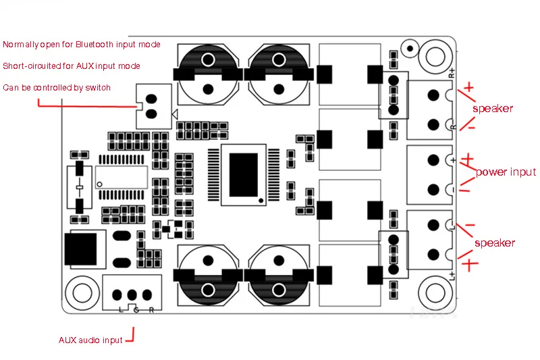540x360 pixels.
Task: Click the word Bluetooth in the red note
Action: [x=94, y=45]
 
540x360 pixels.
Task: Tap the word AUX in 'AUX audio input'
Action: [x=67, y=340]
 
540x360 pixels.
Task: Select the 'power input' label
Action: [x=506, y=172]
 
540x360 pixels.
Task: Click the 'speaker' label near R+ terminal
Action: [x=493, y=109]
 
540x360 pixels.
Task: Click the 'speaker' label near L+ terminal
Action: [x=495, y=243]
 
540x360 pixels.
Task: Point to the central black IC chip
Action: [x=244, y=175]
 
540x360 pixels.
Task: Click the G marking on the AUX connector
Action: [x=136, y=310]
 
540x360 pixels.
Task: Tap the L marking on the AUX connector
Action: [x=121, y=310]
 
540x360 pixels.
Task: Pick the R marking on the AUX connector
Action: [x=151, y=310]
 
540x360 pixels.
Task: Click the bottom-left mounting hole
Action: [x=82, y=292]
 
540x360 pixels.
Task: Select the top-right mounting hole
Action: [x=435, y=56]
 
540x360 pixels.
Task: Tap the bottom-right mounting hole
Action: [x=435, y=292]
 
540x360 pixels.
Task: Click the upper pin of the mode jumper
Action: [x=151, y=99]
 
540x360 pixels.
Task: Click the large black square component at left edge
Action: [x=80, y=249]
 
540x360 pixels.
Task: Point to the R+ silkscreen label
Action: [x=452, y=73]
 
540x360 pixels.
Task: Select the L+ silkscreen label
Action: [x=452, y=276]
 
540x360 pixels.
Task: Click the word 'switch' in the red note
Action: [x=98, y=88]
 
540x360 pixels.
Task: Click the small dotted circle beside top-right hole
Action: [x=410, y=48]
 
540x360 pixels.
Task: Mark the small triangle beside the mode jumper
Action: [x=175, y=114]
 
